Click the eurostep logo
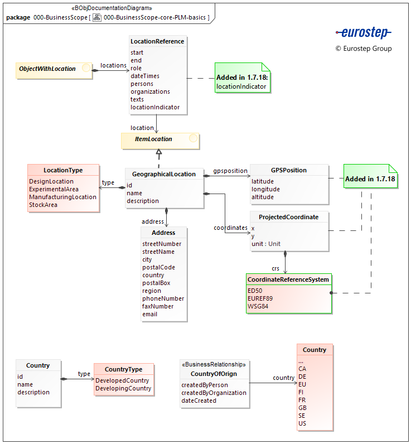click(363, 33)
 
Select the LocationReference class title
click(157, 41)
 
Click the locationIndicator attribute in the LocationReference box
click(155, 107)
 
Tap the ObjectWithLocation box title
click(47, 69)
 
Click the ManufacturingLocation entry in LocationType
click(62, 197)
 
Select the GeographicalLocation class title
click(164, 174)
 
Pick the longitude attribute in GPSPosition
click(265, 189)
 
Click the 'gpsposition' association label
click(230, 170)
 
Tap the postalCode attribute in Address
click(158, 267)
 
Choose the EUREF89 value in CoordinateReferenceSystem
click(260, 298)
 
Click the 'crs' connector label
click(275, 268)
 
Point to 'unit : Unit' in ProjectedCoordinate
click(266, 244)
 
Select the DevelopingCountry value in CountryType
click(123, 388)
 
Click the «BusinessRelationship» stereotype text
click(214, 364)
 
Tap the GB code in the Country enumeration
click(302, 408)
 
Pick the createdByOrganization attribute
click(214, 393)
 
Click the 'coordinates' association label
click(230, 228)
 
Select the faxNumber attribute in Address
click(158, 306)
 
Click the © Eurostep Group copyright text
click(364, 49)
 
